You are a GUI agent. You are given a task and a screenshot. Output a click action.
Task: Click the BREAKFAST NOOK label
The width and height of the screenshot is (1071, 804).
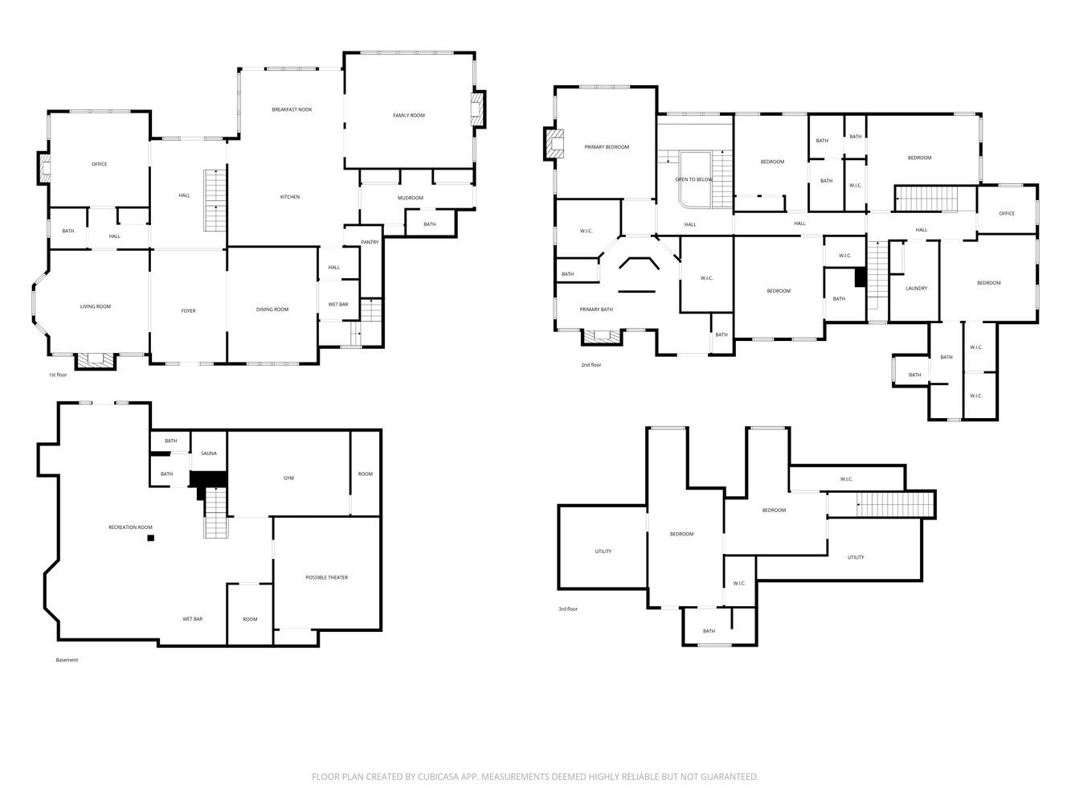point(292,110)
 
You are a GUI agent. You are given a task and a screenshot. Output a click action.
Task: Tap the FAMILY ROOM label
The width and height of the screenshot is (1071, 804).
point(408,116)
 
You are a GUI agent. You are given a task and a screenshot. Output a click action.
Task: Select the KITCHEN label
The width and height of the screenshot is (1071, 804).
point(290,197)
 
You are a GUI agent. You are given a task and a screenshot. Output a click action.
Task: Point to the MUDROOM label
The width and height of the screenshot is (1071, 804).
point(410,199)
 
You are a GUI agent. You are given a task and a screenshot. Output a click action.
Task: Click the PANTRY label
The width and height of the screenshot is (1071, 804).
point(370,242)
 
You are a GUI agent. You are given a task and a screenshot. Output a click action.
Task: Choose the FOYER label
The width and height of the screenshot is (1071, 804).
point(188,311)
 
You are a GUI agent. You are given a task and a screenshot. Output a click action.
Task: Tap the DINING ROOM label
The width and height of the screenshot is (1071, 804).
point(272,310)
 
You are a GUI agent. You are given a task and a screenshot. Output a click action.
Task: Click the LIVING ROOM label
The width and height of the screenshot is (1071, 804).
point(95,306)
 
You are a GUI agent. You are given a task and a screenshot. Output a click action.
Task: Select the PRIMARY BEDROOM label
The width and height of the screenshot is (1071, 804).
point(607,147)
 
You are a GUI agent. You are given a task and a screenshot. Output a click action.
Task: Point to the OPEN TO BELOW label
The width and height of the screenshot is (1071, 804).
point(693,179)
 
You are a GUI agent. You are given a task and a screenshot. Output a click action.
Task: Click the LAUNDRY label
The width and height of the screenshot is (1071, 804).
point(916,289)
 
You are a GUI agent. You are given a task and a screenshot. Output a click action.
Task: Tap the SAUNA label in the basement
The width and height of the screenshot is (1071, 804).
point(208,453)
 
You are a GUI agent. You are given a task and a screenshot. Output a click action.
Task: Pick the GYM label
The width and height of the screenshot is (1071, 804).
point(288,478)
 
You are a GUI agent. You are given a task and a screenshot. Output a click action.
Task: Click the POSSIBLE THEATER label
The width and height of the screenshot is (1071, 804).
point(326,577)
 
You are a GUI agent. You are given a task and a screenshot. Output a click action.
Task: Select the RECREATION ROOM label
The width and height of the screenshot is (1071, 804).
point(130,527)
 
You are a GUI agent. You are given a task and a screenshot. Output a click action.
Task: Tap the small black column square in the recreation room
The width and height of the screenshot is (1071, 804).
point(151,538)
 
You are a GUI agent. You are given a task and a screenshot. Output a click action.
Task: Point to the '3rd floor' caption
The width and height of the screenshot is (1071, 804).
point(568,609)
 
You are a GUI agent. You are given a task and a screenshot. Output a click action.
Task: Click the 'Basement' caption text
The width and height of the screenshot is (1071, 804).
point(67,660)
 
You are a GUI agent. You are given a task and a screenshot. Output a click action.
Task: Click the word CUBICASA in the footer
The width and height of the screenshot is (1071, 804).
point(438,777)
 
